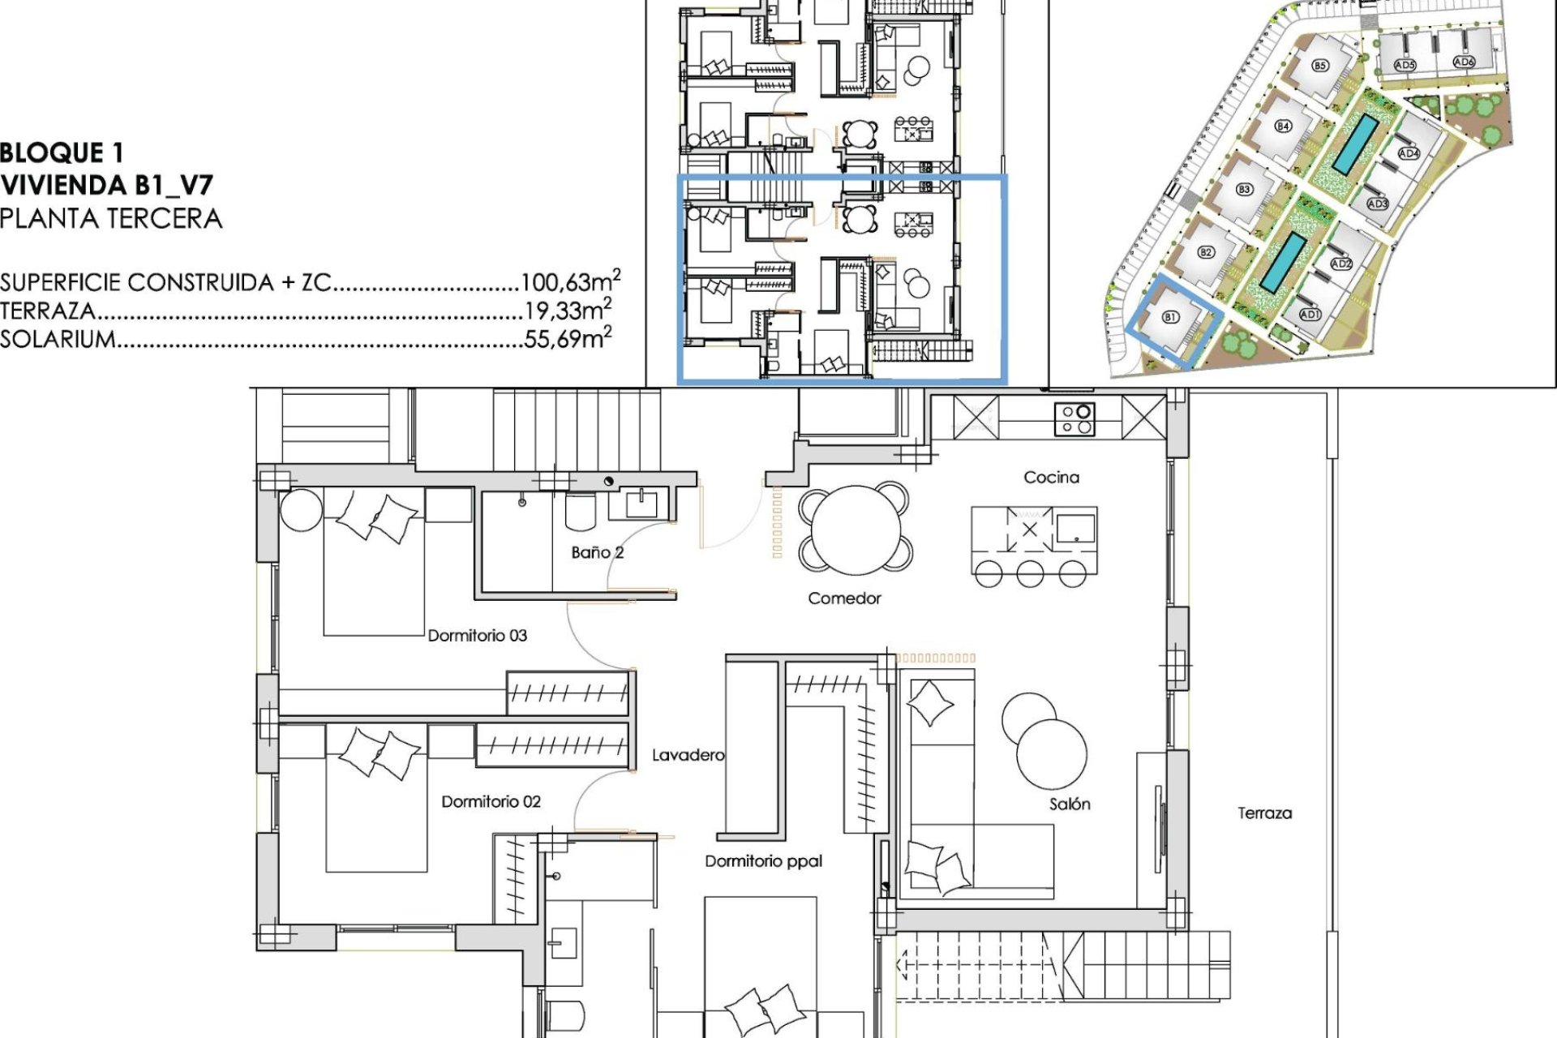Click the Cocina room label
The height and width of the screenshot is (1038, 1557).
pos(1051,478)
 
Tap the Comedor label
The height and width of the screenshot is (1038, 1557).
pos(844,598)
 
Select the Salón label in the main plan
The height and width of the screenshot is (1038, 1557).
pos(1070,804)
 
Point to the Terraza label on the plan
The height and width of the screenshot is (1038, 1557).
pos(1264,813)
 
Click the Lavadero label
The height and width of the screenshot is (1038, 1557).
pos(688,755)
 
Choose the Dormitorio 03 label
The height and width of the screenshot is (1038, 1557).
pos(478,636)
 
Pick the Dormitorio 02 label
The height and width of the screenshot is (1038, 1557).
pos(491,801)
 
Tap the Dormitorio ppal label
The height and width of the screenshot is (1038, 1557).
pos(763,861)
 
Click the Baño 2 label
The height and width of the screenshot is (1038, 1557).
pos(597,552)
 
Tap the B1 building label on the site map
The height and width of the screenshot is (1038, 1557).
pos(1170,317)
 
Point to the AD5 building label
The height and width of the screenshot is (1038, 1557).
pos(1405,65)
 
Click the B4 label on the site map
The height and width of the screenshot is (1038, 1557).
pos(1282,127)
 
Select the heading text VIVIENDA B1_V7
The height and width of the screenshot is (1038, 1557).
pos(106,186)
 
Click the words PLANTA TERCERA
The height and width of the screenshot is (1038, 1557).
pos(111,218)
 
